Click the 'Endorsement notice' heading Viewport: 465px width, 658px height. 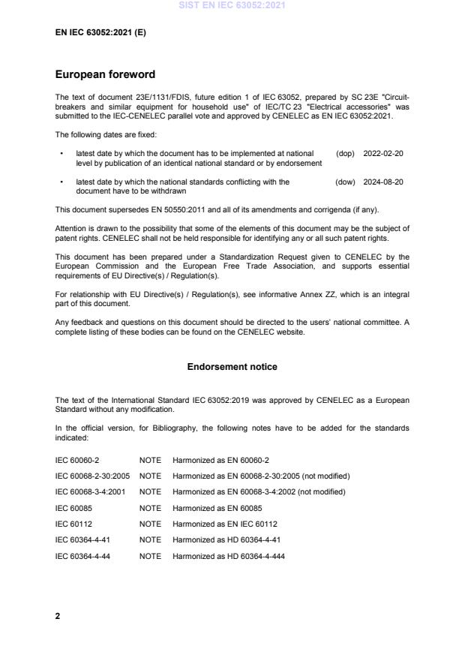point(232,367)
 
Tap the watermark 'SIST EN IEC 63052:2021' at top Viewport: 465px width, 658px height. point(232,5)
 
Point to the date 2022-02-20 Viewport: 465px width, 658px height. point(383,153)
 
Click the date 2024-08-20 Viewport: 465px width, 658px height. point(383,182)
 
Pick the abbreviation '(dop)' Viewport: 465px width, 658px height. point(345,153)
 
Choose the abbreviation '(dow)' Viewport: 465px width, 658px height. point(345,182)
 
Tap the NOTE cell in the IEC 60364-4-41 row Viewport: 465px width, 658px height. point(150,540)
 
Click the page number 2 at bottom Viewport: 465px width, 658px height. point(58,616)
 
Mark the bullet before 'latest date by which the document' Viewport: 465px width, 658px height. point(61,153)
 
